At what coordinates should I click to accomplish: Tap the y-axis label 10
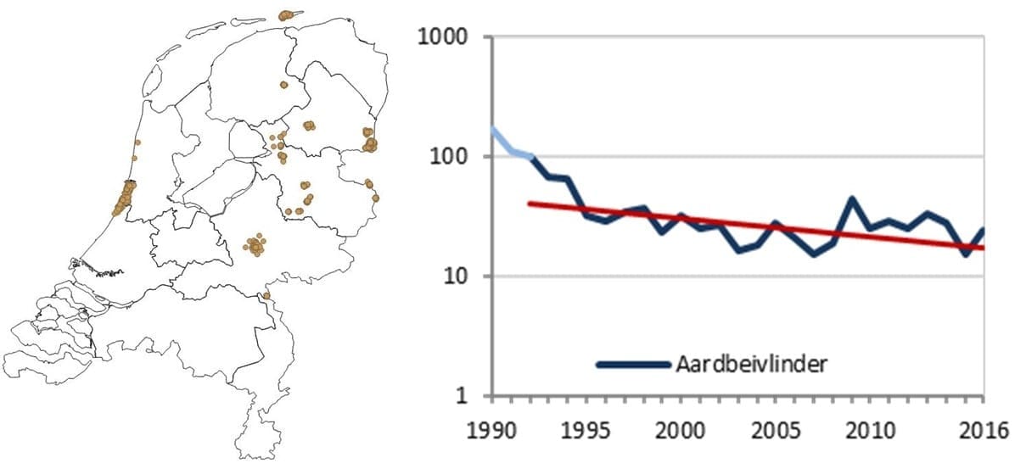tap(459, 276)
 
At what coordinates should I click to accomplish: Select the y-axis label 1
tap(467, 396)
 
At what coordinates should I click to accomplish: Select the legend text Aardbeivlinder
tap(751, 365)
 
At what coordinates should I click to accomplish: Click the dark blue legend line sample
tap(633, 365)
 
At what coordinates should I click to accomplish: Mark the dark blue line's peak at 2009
tap(852, 199)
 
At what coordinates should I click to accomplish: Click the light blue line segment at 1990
tap(493, 131)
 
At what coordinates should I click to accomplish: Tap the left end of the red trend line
tap(530, 204)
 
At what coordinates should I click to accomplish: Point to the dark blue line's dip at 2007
tap(814, 254)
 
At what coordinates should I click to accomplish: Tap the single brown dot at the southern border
tap(266, 296)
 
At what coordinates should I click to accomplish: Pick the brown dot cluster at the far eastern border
tap(369, 140)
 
